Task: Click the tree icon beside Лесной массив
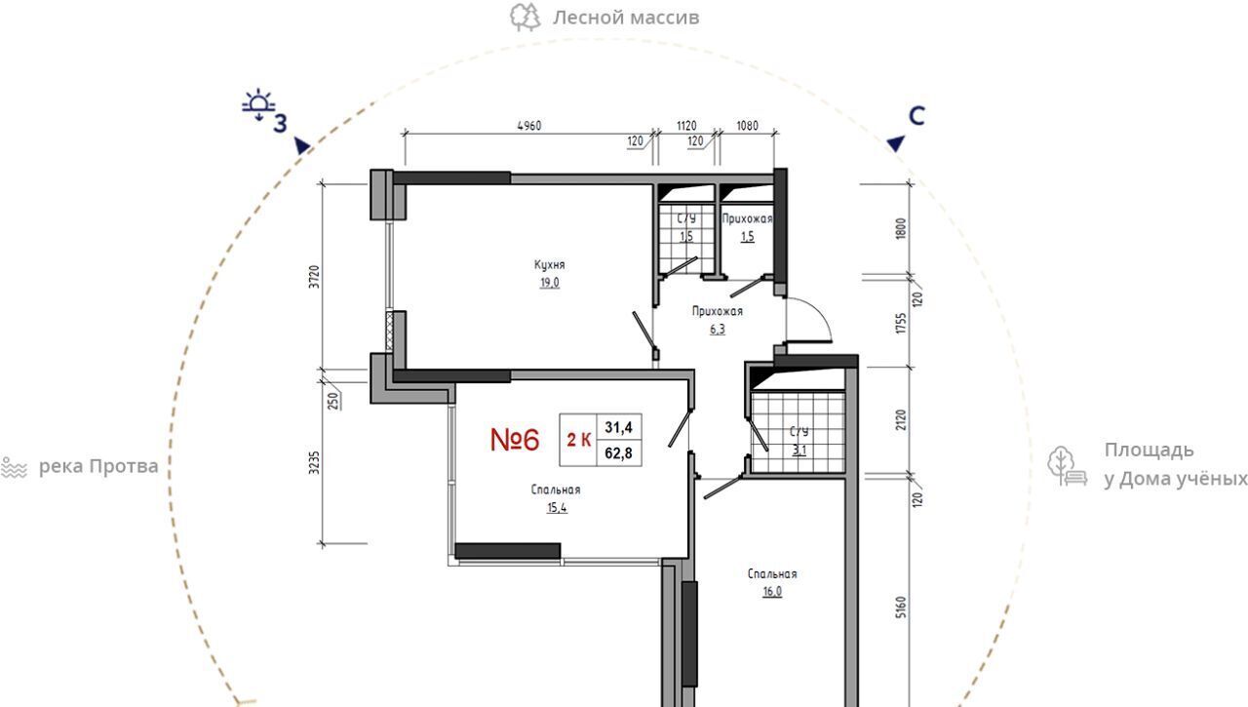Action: click(525, 18)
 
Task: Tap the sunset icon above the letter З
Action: click(258, 104)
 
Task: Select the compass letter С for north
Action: click(916, 116)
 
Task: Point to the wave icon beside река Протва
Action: click(14, 467)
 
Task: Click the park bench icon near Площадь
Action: click(1067, 466)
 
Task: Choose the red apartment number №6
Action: click(515, 440)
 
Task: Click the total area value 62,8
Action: click(618, 452)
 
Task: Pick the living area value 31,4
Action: click(618, 427)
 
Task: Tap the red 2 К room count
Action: click(579, 440)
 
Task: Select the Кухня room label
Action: click(549, 264)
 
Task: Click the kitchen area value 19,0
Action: click(549, 283)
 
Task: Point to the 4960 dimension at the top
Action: click(529, 126)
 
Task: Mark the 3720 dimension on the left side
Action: click(315, 276)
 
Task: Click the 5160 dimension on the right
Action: click(902, 608)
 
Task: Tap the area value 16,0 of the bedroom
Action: click(772, 592)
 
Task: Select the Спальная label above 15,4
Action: click(556, 490)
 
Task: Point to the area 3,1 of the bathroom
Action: click(799, 450)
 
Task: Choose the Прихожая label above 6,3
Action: click(717, 311)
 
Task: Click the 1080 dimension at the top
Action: click(747, 126)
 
